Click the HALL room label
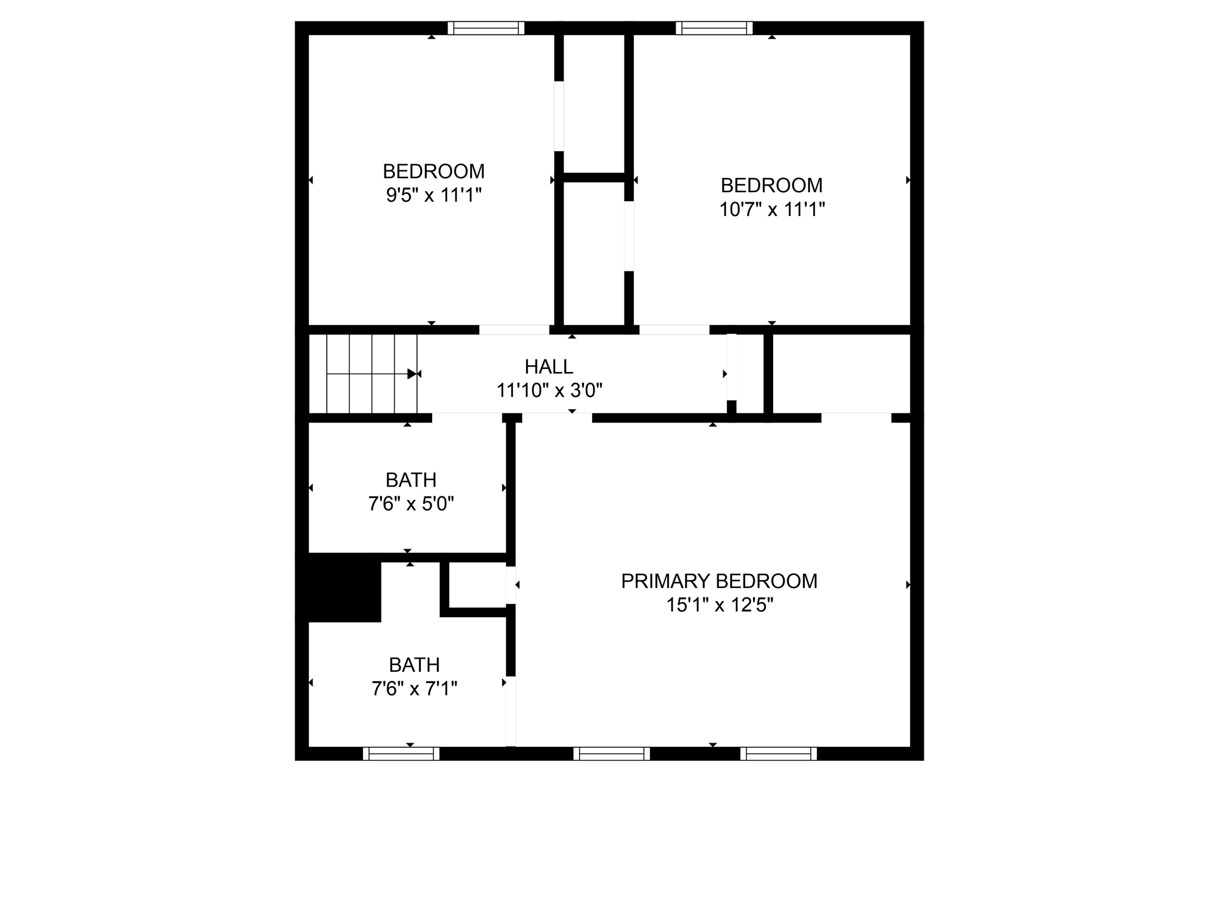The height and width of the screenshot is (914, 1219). point(549,367)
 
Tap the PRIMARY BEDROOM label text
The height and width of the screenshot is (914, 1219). point(719,581)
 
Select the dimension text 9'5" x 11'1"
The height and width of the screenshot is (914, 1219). point(433,195)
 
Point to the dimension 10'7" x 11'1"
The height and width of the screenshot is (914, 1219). point(772,209)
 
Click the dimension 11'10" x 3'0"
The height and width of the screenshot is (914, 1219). point(549,391)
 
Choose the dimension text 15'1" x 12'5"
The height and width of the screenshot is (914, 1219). point(720,605)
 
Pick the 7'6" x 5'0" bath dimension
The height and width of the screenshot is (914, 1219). point(411,504)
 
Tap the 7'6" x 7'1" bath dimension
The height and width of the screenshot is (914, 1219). point(414,689)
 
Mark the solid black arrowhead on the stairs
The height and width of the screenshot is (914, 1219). point(411,374)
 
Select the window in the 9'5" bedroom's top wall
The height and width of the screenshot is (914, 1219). point(486,28)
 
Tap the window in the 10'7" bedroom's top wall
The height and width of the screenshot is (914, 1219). point(714,28)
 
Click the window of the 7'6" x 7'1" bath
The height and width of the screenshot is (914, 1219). point(401,754)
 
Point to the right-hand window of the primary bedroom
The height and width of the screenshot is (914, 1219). point(779,754)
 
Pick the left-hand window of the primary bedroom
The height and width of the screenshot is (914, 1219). point(612,754)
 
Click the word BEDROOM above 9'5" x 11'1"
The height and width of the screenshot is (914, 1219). point(433,171)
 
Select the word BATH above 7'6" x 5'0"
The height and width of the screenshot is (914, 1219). point(411,480)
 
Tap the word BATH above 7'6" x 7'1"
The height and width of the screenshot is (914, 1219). point(414,665)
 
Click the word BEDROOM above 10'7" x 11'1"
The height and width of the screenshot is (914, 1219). point(771,186)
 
